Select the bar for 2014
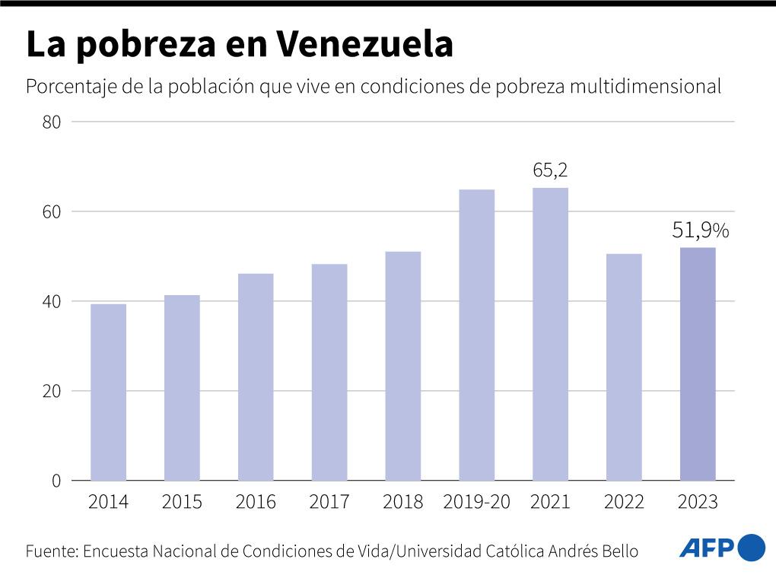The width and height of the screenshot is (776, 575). (x=108, y=392)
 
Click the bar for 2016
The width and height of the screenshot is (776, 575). (x=256, y=376)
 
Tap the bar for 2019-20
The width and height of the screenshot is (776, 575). (x=476, y=335)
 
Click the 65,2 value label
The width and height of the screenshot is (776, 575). (x=550, y=172)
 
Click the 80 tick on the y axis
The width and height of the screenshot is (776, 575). (x=52, y=122)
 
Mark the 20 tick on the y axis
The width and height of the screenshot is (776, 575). (x=52, y=392)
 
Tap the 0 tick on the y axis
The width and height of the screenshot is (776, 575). (x=56, y=481)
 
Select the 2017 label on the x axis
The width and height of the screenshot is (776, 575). (x=329, y=502)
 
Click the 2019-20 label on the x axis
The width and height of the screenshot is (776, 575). (x=476, y=502)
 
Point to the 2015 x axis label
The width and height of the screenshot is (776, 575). (x=182, y=502)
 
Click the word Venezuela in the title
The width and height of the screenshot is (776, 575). (x=364, y=46)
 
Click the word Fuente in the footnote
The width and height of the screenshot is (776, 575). (x=51, y=550)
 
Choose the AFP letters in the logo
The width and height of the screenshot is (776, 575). (x=706, y=548)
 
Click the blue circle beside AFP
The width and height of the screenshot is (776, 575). (x=752, y=548)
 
